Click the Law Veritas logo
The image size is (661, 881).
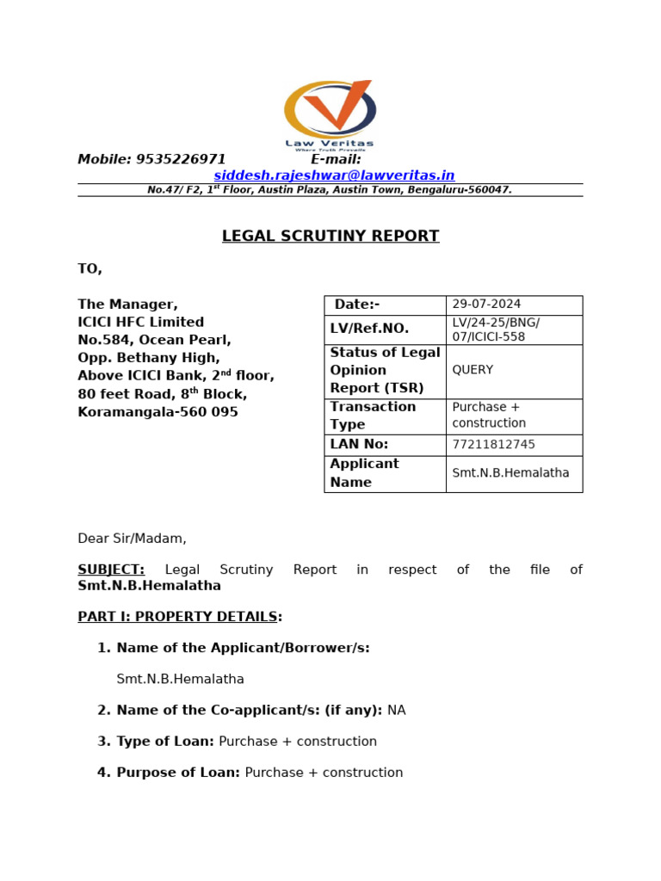click(x=330, y=114)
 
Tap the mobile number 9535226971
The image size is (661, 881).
click(x=181, y=159)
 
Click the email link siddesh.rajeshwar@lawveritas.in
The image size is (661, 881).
click(x=334, y=176)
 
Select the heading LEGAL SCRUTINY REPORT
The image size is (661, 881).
click(x=330, y=236)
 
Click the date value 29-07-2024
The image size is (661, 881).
click(x=486, y=305)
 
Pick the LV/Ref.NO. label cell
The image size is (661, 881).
click(x=369, y=329)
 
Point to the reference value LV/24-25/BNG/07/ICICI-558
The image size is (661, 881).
click(x=496, y=330)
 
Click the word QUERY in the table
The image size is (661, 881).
click(x=473, y=370)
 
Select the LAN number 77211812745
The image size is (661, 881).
click(x=493, y=445)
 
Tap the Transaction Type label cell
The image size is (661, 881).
click(x=373, y=416)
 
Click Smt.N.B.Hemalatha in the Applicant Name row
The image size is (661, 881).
click(x=510, y=473)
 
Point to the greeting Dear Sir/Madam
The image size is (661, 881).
click(x=132, y=539)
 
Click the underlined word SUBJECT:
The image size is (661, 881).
click(x=111, y=570)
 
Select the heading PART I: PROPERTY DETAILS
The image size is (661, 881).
click(x=177, y=617)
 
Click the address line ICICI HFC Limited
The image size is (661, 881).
click(x=141, y=322)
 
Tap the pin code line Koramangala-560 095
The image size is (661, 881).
click(x=158, y=412)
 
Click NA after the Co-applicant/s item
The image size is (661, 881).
click(x=396, y=711)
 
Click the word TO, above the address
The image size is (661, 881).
click(x=90, y=268)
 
